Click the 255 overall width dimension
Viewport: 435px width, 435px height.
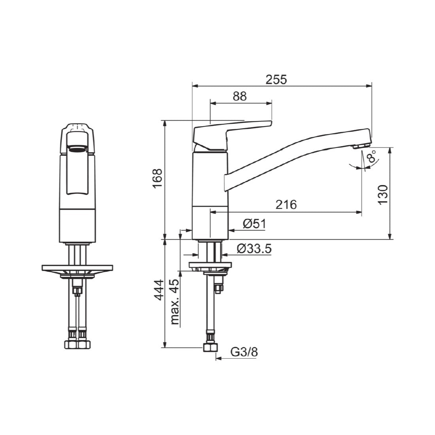(276, 79)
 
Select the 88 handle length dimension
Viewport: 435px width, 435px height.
(240, 96)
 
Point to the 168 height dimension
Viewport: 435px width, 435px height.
(157, 178)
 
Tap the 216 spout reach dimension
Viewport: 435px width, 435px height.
(286, 205)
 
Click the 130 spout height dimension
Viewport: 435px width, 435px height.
(383, 195)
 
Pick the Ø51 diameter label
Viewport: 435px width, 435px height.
(254, 224)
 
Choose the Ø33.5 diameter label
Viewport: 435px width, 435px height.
(254, 249)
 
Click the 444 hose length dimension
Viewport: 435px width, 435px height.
(159, 290)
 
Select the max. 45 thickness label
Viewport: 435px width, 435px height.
(175, 302)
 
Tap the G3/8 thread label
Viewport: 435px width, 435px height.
(244, 352)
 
